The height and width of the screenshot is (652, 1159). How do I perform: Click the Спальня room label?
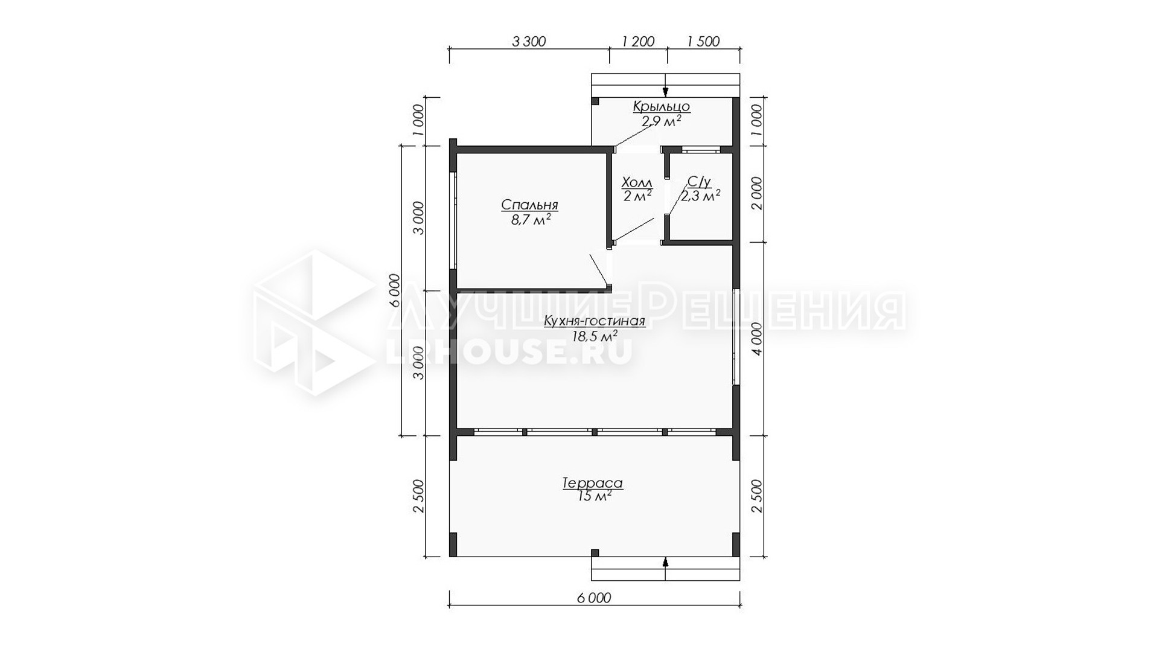pos(529,205)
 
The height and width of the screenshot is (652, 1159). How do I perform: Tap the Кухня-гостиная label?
pos(595,321)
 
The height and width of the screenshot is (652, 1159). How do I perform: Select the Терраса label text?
pos(592,483)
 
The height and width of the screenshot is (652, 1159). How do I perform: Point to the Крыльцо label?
pos(662,107)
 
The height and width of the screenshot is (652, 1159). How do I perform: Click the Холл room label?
pos(637,182)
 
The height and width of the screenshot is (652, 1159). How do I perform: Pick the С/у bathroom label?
pos(699,182)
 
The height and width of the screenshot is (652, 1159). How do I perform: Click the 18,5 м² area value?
pos(595,336)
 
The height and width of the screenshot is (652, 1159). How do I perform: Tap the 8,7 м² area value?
pos(531,220)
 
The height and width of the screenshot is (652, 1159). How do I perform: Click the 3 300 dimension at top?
pos(529,42)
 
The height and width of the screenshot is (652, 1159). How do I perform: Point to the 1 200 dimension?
pos(638,42)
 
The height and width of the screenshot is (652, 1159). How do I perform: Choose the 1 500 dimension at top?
pos(703,42)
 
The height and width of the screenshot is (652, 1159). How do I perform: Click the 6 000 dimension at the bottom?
pos(594,598)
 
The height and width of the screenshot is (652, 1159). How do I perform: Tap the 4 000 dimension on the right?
pos(757,339)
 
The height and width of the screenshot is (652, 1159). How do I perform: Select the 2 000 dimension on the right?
pos(757,194)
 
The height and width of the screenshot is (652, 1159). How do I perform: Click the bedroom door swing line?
pos(598,270)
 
